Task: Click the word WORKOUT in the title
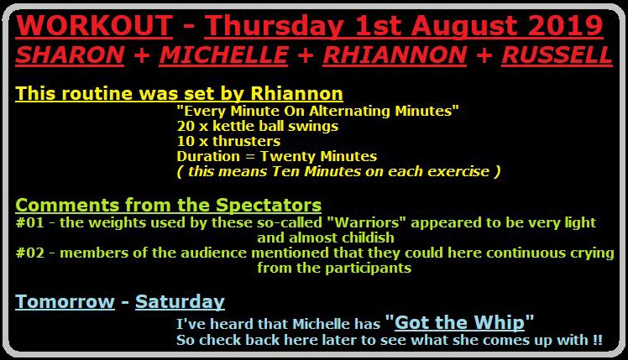pyautogui.click(x=94, y=26)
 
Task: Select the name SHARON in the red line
pyautogui.click(x=70, y=55)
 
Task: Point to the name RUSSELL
pyautogui.click(x=557, y=55)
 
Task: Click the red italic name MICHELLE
pyautogui.click(x=223, y=55)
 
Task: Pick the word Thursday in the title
pyautogui.click(x=274, y=26)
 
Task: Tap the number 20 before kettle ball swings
pyautogui.click(x=186, y=126)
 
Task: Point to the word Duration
pyautogui.click(x=208, y=156)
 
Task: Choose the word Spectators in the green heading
pyautogui.click(x=269, y=206)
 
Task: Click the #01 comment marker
pyautogui.click(x=30, y=222)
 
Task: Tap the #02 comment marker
pyautogui.click(x=30, y=253)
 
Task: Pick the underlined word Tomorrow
pyautogui.click(x=65, y=301)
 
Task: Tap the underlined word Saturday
pyautogui.click(x=180, y=302)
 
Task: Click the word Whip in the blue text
pyautogui.click(x=499, y=323)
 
